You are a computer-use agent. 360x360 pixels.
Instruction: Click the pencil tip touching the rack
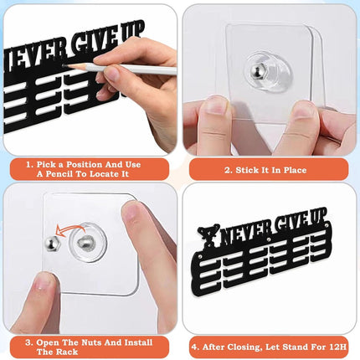pos(65,65)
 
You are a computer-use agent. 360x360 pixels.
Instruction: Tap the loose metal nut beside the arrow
pos(51,244)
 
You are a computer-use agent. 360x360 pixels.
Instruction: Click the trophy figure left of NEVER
pos(208,237)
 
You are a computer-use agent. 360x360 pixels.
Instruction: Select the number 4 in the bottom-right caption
pos(195,347)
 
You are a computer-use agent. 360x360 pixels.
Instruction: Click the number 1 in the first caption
pos(29,165)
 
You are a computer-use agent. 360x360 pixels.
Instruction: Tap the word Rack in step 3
pos(68,352)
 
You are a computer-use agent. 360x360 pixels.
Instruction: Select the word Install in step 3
pos(138,342)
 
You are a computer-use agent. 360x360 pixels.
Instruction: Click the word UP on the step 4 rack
pos(318,218)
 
